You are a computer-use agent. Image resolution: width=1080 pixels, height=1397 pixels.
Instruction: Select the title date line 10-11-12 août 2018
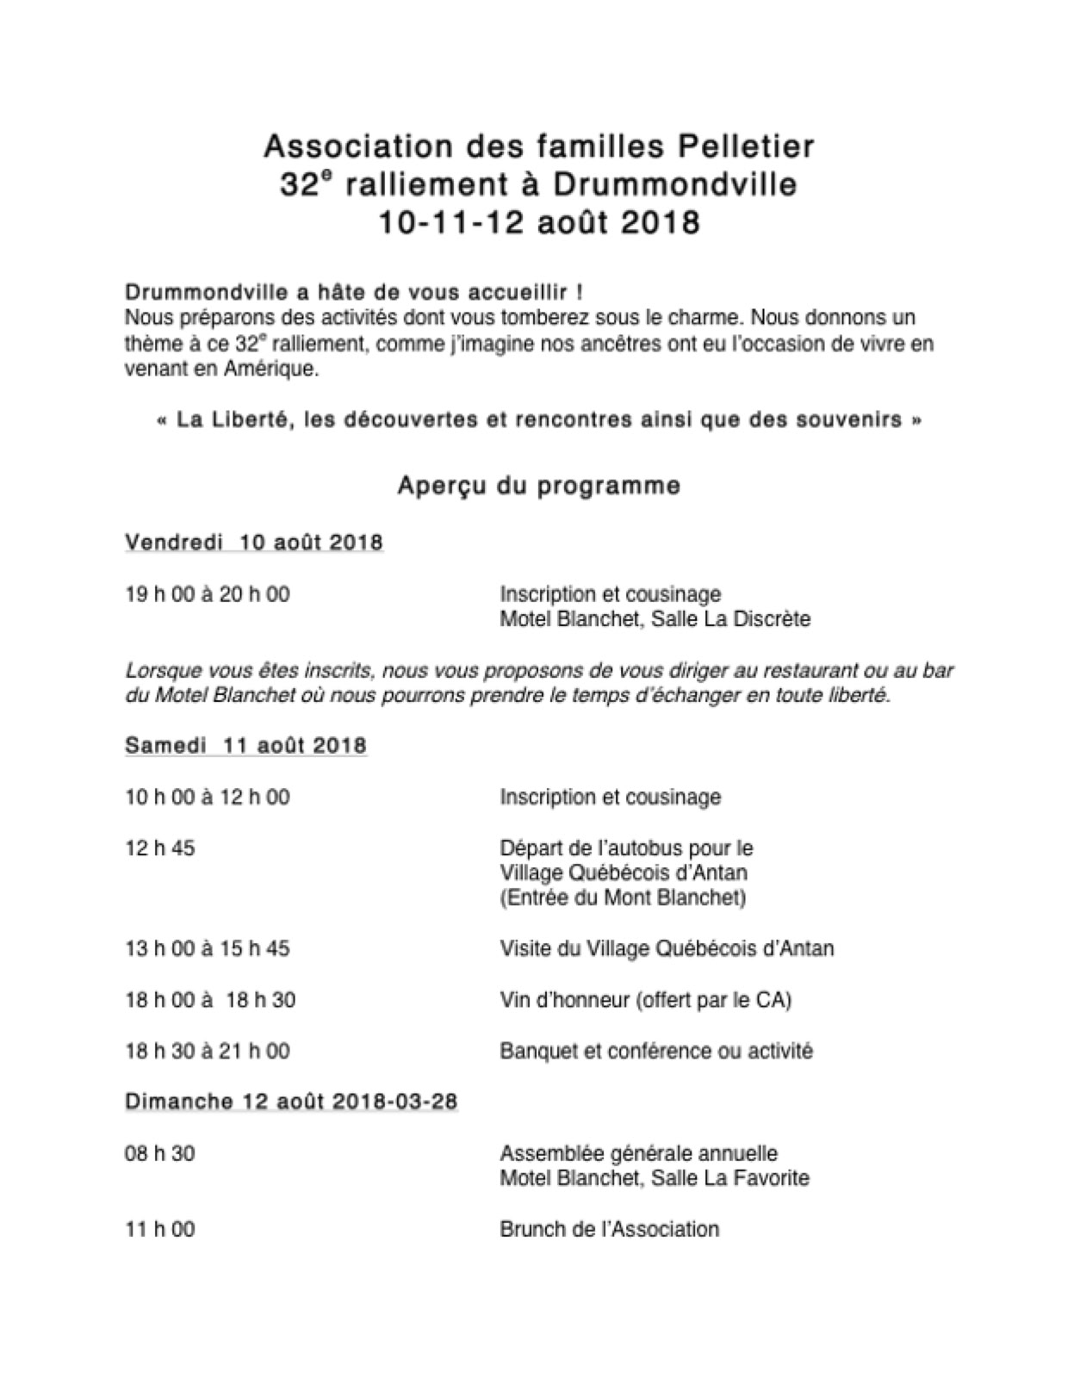[539, 222]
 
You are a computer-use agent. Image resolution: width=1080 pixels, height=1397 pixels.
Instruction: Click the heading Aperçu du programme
[539, 486]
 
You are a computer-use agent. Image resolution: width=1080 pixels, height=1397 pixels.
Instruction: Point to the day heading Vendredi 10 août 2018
[254, 543]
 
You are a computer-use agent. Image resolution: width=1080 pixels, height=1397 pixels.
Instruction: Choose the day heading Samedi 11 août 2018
[245, 745]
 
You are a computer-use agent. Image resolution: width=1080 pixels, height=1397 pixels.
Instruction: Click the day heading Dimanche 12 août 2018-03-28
[291, 1101]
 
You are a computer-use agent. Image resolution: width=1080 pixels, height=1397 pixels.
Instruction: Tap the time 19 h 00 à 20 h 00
[208, 594]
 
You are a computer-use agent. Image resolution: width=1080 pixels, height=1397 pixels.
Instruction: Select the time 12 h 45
[160, 848]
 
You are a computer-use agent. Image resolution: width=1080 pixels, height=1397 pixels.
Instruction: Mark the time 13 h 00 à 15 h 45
[208, 949]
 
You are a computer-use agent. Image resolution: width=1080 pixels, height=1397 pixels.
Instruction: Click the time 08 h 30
[160, 1153]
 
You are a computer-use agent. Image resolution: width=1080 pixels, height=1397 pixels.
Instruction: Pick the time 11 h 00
[160, 1229]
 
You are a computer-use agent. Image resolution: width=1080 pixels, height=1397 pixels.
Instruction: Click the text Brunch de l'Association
[609, 1229]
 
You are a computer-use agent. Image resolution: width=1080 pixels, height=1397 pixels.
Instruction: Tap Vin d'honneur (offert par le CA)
[645, 1000]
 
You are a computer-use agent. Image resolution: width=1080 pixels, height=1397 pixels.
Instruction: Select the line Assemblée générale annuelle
[638, 1153]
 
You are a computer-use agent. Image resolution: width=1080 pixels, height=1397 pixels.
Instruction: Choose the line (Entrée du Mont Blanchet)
[623, 897]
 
